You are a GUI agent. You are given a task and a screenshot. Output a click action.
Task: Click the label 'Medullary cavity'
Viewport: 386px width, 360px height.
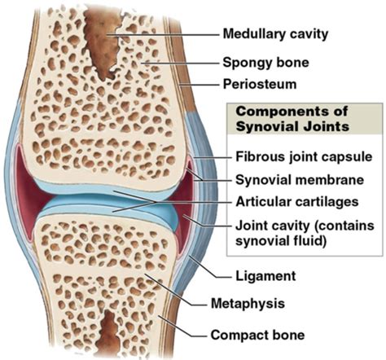(275, 34)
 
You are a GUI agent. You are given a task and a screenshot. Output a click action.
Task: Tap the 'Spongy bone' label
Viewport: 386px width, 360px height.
(265, 63)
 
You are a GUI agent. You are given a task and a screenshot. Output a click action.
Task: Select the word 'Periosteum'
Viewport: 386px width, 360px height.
(260, 85)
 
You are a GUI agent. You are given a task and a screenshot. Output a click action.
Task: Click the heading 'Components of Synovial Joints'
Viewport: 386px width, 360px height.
(292, 119)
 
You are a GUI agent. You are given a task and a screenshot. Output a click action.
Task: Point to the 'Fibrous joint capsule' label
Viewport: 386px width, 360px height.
(304, 157)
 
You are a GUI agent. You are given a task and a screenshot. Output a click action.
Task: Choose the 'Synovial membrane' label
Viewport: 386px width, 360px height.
(300, 180)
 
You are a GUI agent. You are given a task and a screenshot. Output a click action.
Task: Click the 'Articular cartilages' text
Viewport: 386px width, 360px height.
(297, 202)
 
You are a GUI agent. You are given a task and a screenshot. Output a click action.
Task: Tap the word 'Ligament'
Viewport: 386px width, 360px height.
(265, 276)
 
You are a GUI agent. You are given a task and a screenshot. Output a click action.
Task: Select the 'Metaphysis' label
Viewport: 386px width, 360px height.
(248, 303)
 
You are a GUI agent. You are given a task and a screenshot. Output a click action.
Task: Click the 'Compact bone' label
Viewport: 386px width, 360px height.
(257, 335)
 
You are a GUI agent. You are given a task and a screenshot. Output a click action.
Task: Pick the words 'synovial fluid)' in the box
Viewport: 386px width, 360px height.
(281, 241)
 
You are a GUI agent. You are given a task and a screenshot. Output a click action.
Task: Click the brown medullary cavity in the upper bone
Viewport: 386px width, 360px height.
(103, 43)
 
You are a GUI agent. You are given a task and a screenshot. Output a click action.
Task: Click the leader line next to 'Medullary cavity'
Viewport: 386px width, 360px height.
(162, 35)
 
